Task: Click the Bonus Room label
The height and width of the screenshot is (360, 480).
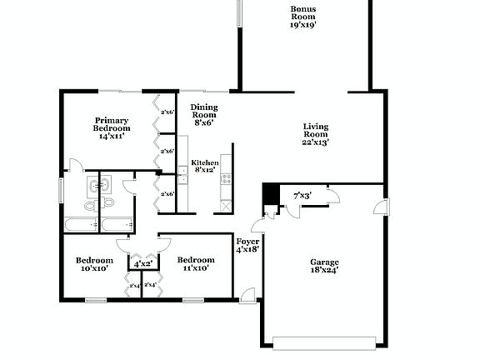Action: pos(302,17)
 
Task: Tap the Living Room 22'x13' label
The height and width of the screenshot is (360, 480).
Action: pos(315,134)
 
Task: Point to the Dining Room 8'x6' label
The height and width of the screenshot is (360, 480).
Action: pos(203,114)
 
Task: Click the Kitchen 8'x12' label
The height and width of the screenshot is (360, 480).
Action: pos(204,166)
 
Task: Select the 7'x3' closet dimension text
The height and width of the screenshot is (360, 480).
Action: pos(302,196)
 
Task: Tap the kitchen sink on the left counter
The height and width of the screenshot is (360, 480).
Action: pos(182,177)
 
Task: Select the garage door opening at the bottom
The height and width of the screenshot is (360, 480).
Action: pos(324,341)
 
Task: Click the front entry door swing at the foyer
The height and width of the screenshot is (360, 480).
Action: pos(247,294)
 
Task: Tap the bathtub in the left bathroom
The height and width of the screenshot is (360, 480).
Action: pos(80,225)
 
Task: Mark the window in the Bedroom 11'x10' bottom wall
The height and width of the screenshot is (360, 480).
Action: pos(193,300)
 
